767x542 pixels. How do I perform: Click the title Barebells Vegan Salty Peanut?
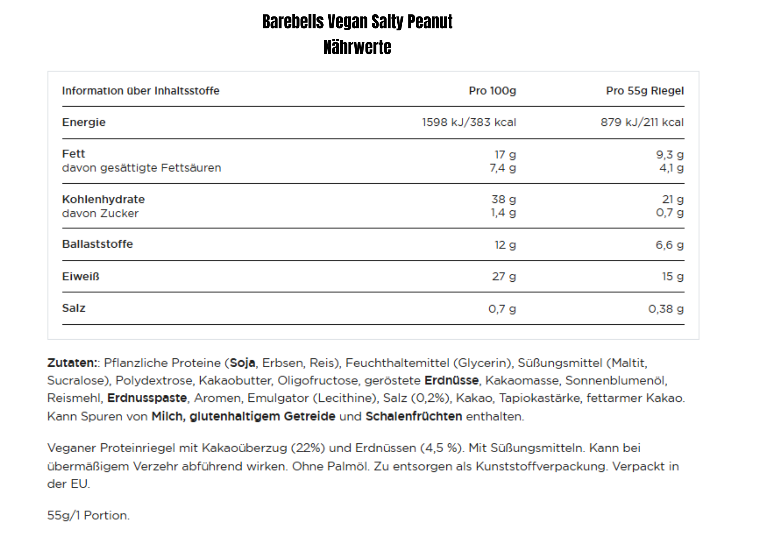(357, 22)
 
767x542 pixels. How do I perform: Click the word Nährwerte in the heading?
(357, 48)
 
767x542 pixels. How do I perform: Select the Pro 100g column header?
(492, 91)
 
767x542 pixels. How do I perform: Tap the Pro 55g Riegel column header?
(645, 91)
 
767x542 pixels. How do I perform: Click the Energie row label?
(84, 122)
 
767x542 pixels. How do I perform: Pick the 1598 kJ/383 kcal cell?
(469, 122)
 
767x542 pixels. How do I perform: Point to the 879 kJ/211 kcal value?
(642, 122)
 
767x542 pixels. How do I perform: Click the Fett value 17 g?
(505, 154)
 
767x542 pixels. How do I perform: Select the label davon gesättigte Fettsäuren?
(142, 168)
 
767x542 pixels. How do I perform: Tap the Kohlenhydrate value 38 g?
(504, 199)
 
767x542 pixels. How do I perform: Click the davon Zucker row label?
(100, 213)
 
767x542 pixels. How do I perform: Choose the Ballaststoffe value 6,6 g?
(669, 245)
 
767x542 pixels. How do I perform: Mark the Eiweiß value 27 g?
(504, 276)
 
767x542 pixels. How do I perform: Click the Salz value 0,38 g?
(666, 309)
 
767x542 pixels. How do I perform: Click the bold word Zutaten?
(72, 363)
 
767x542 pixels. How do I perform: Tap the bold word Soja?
(242, 363)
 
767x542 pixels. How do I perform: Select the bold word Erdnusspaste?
(147, 398)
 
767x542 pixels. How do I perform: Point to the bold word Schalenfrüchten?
(413, 416)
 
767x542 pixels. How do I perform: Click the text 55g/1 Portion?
(88, 515)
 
